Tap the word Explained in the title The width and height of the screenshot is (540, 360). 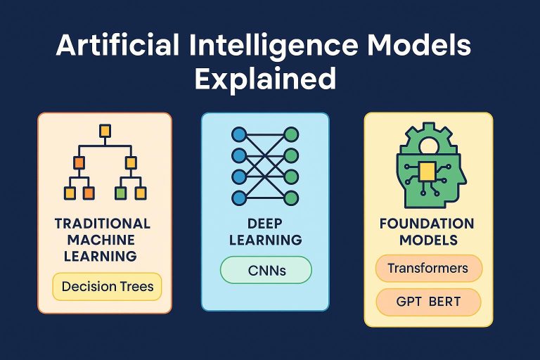pyautogui.click(x=265, y=78)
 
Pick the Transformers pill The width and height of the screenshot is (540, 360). pyautogui.click(x=428, y=268)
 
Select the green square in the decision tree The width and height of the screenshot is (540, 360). pyautogui.click(x=120, y=191)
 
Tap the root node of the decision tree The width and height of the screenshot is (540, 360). pyautogui.click(x=105, y=131)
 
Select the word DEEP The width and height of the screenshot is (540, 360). pyautogui.click(x=265, y=224)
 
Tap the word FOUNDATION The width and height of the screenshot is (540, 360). pyautogui.click(x=426, y=224)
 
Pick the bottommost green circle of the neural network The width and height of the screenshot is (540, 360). pyautogui.click(x=290, y=198)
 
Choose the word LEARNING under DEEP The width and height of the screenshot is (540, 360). pyautogui.click(x=265, y=240)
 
